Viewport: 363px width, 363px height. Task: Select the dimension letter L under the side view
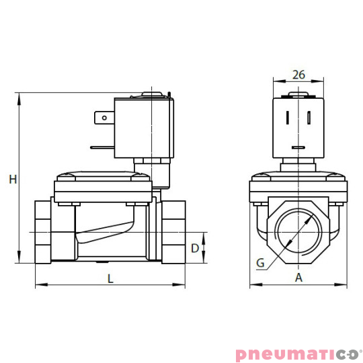click(110, 277)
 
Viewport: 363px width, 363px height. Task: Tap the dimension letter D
click(195, 248)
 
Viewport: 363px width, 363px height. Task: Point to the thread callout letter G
click(260, 263)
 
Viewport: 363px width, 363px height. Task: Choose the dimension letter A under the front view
click(299, 277)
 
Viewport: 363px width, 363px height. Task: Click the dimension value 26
click(299, 75)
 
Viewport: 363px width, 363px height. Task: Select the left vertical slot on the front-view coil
click(287, 118)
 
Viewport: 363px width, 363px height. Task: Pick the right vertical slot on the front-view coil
click(309, 118)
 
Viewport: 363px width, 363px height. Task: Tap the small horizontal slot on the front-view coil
click(298, 147)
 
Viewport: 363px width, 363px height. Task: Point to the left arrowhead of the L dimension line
click(38, 285)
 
